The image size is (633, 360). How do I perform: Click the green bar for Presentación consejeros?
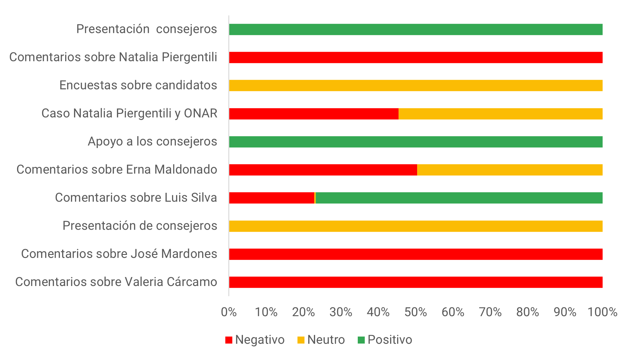tap(416, 30)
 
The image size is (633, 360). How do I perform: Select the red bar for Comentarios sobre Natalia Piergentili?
tap(416, 58)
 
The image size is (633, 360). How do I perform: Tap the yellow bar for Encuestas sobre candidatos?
tap(416, 86)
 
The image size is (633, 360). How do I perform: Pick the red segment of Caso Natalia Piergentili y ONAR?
tap(314, 114)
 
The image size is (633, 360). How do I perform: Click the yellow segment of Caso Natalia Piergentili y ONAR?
tap(500, 114)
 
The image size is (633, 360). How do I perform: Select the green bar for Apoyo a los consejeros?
tap(416, 142)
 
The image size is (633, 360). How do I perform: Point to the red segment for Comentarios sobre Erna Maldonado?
tap(323, 170)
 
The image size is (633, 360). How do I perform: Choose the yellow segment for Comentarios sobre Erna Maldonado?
tap(510, 170)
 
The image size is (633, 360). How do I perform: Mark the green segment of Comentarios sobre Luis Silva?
tap(459, 198)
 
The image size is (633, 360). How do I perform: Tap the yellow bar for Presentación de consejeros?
tap(416, 226)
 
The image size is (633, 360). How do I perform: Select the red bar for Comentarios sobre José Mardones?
tap(416, 254)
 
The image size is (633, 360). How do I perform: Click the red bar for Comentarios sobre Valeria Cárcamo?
tap(416, 282)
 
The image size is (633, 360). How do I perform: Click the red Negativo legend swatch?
tap(229, 340)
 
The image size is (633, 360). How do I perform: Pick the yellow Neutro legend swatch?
tap(301, 340)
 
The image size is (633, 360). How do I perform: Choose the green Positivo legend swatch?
tap(361, 340)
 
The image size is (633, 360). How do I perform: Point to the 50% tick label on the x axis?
tap(416, 312)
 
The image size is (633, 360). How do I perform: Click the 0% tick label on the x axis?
tap(229, 312)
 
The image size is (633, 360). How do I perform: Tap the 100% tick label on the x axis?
tap(602, 312)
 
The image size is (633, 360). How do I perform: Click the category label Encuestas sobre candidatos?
tap(138, 85)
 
